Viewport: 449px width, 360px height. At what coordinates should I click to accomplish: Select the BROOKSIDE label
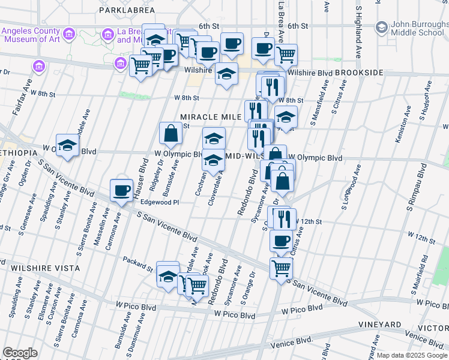pyautogui.click(x=359, y=73)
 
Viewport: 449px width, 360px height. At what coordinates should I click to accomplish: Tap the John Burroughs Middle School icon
pyautogui.click(x=381, y=27)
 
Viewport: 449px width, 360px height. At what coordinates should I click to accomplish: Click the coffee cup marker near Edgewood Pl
pyautogui.click(x=122, y=191)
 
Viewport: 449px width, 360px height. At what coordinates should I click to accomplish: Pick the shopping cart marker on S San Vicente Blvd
pyautogui.click(x=281, y=269)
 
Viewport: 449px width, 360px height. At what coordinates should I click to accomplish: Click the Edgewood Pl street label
pyautogui.click(x=160, y=202)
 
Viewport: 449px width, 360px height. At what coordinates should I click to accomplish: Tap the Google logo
pyautogui.click(x=20, y=352)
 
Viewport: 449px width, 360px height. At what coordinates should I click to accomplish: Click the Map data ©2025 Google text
pyautogui.click(x=411, y=355)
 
